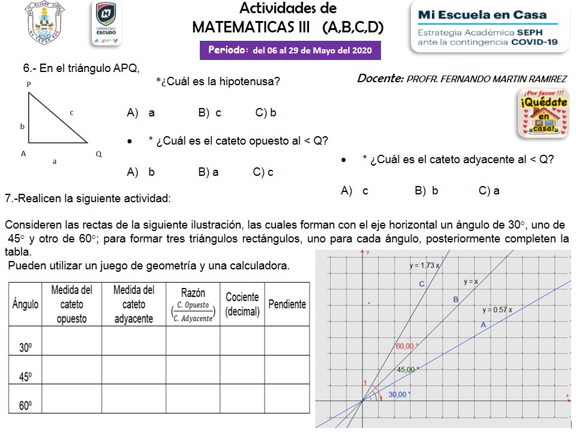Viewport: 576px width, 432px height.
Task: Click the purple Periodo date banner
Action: (x=290, y=50)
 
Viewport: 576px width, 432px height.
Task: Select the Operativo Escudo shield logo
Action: (x=106, y=23)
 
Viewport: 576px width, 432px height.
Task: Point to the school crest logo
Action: (x=46, y=23)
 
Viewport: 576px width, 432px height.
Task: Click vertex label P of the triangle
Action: (x=29, y=85)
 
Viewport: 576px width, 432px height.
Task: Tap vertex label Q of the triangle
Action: (x=98, y=154)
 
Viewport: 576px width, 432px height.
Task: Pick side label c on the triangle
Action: (x=72, y=112)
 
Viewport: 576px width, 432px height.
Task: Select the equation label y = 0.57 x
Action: (x=497, y=310)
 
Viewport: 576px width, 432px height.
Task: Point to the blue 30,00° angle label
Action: (x=400, y=394)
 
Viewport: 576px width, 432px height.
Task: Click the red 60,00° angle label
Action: (x=406, y=346)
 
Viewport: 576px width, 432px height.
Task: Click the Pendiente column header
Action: (x=287, y=304)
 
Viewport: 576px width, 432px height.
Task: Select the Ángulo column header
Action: (x=25, y=304)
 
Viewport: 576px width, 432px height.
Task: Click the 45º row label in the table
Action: (x=25, y=377)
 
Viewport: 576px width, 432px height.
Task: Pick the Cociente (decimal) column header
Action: (x=242, y=304)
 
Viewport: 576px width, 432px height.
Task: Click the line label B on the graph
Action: (x=455, y=299)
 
